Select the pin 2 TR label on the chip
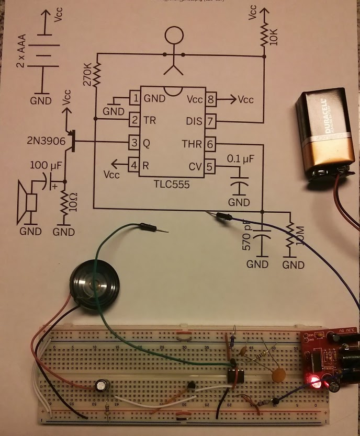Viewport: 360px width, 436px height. coord(150,120)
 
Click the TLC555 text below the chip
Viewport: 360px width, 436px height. coord(172,185)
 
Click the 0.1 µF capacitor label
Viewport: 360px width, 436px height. coord(241,158)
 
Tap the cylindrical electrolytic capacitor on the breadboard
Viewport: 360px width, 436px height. coord(102,386)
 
